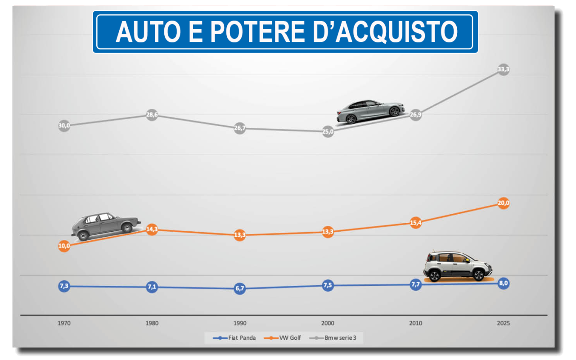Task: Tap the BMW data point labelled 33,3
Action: [504, 69]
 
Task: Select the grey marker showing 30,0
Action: [64, 126]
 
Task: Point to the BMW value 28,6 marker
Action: [152, 115]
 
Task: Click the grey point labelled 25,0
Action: [328, 132]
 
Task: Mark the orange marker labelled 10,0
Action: [64, 246]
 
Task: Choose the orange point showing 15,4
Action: [416, 222]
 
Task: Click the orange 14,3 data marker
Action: [152, 229]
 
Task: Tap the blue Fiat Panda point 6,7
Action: [240, 289]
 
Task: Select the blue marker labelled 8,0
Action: [504, 283]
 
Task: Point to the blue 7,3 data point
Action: [64, 286]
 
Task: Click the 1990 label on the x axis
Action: [240, 323]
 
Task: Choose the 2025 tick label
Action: [504, 323]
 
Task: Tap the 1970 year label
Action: [64, 323]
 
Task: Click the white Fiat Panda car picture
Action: [457, 266]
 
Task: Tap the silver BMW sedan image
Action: [370, 111]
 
